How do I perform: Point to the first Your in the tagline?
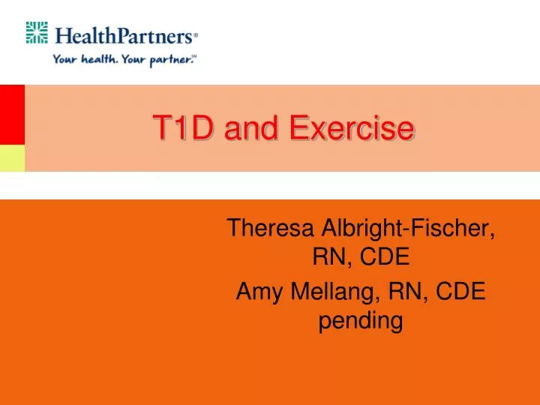click(66, 60)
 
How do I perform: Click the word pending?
click(361, 322)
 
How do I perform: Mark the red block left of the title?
click(12, 114)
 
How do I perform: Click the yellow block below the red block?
click(12, 157)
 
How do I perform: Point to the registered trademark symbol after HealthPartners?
click(196, 34)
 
